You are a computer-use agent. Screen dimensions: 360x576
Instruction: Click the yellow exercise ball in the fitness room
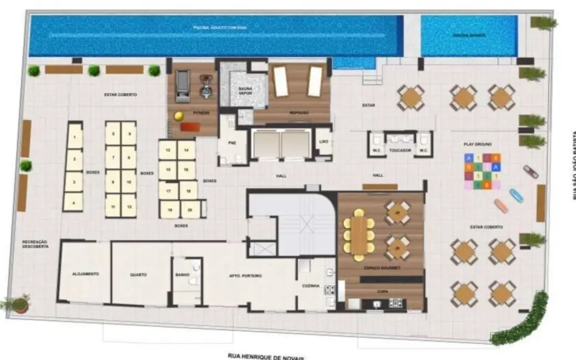pyautogui.click(x=179, y=116)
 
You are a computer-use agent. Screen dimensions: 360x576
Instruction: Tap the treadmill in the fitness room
pyautogui.click(x=181, y=87)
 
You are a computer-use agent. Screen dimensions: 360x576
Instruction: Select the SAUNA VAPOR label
pyautogui.click(x=245, y=91)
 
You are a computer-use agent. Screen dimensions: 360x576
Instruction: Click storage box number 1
pyautogui.click(x=75, y=135)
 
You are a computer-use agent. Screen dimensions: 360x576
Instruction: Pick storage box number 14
pyautogui.click(x=187, y=150)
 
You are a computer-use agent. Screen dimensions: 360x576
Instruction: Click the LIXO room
pyautogui.click(x=323, y=141)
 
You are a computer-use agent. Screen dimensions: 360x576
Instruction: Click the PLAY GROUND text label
pyautogui.click(x=477, y=143)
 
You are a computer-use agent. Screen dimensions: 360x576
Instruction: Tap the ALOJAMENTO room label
pyautogui.click(x=85, y=274)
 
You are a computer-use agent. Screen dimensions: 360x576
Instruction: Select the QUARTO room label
pyautogui.click(x=138, y=274)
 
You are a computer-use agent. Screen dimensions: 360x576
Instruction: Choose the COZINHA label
pyautogui.click(x=311, y=286)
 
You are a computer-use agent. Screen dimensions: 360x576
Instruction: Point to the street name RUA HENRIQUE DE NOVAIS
pyautogui.click(x=265, y=357)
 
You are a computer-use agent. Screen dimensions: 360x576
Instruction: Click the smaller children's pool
pyautogui.click(x=469, y=35)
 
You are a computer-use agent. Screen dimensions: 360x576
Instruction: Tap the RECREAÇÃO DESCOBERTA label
pyautogui.click(x=35, y=244)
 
